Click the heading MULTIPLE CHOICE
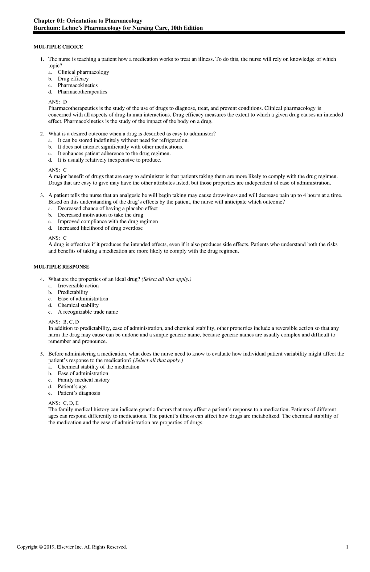(x=58, y=47)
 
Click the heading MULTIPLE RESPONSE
(x=61, y=267)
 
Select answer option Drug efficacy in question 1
(x=73, y=79)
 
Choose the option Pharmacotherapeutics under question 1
(x=82, y=92)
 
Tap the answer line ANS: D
(x=58, y=102)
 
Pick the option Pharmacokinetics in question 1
(x=77, y=85)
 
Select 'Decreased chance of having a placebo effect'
(x=108, y=208)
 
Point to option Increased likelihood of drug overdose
(x=100, y=228)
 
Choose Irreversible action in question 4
(x=78, y=286)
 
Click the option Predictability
(x=73, y=292)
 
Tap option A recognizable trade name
(x=88, y=312)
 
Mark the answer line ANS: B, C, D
(x=64, y=322)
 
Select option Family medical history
(x=84, y=380)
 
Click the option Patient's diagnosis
(x=79, y=393)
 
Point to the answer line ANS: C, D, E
(x=64, y=403)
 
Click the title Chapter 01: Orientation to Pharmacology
(x=88, y=21)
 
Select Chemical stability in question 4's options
(x=78, y=305)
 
